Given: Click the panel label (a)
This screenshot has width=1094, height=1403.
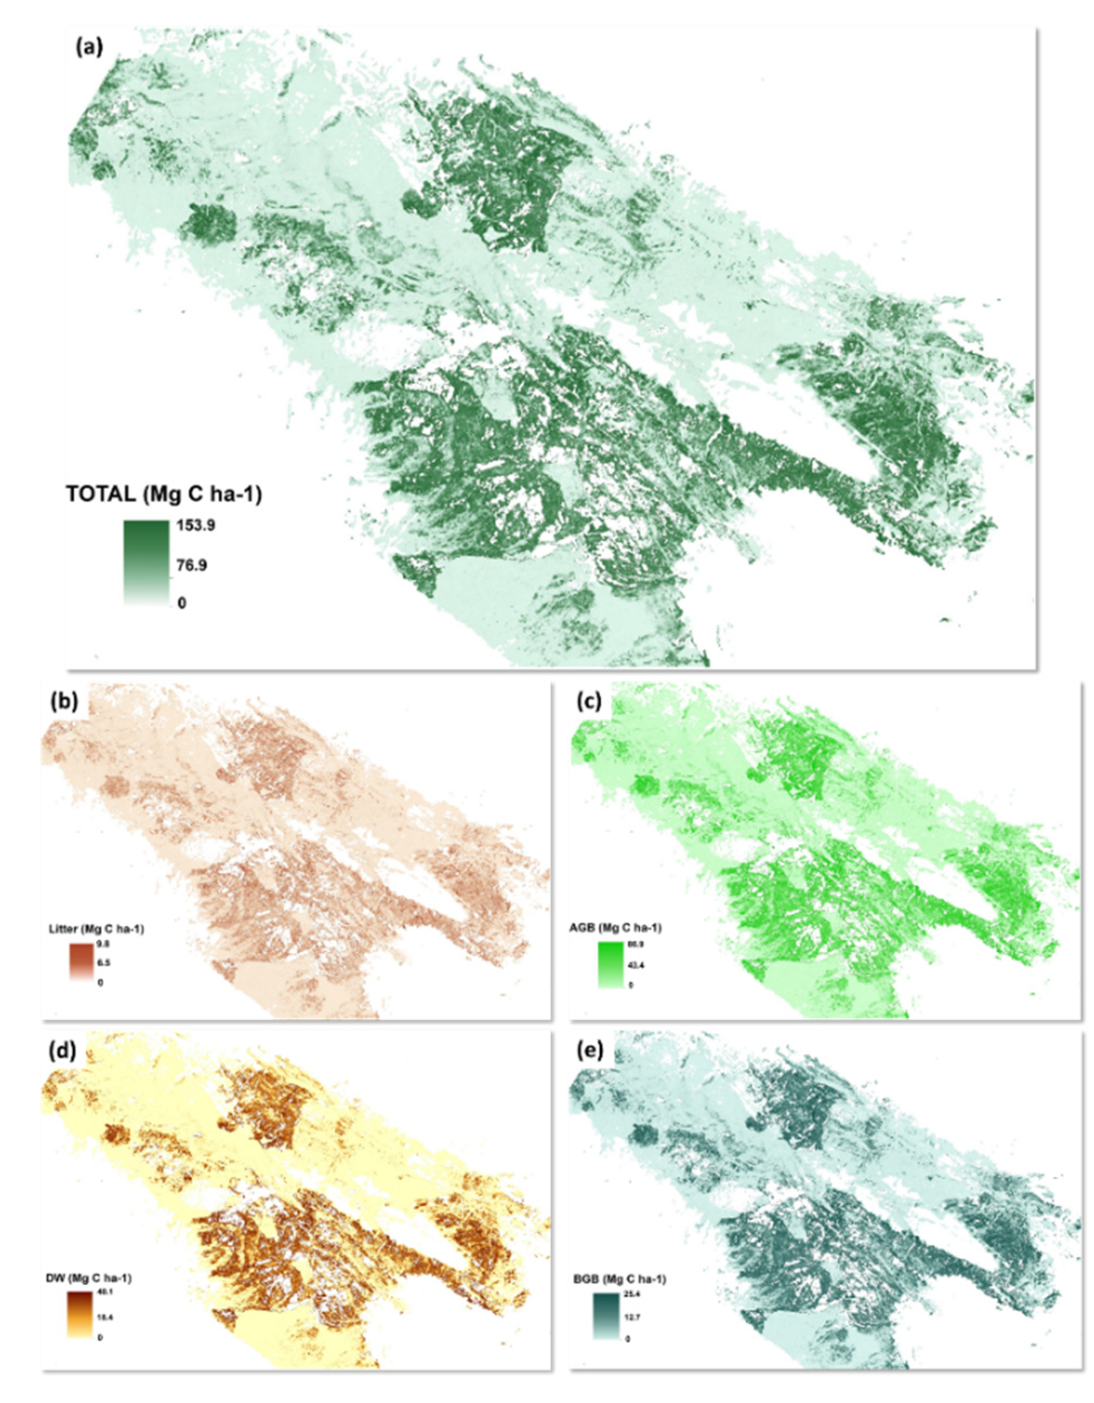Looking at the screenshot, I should pos(88,49).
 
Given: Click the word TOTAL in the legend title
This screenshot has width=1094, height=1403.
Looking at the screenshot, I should pos(100,495).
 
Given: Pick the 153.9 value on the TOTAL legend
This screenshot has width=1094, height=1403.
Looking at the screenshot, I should pos(195,526).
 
